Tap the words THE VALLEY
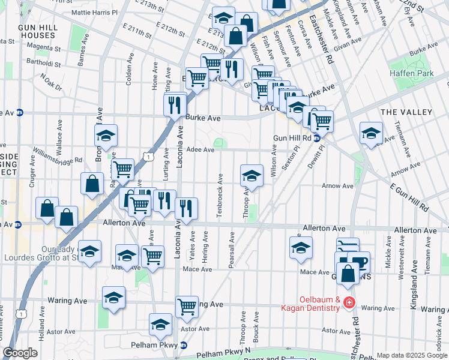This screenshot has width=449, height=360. click(406, 112)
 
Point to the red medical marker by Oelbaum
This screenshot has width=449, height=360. click(349, 304)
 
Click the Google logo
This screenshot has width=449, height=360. click(20, 353)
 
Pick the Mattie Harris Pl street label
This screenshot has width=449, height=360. click(94, 12)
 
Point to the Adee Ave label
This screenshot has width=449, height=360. click(200, 150)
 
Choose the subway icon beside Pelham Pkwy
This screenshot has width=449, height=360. click(184, 345)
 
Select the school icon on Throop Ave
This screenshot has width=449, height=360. click(252, 175)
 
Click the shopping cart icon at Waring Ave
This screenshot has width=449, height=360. click(187, 307)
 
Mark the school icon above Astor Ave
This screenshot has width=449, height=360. click(160, 324)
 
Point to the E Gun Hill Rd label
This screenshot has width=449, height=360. click(409, 198)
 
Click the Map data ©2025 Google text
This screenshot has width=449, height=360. click(411, 355)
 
